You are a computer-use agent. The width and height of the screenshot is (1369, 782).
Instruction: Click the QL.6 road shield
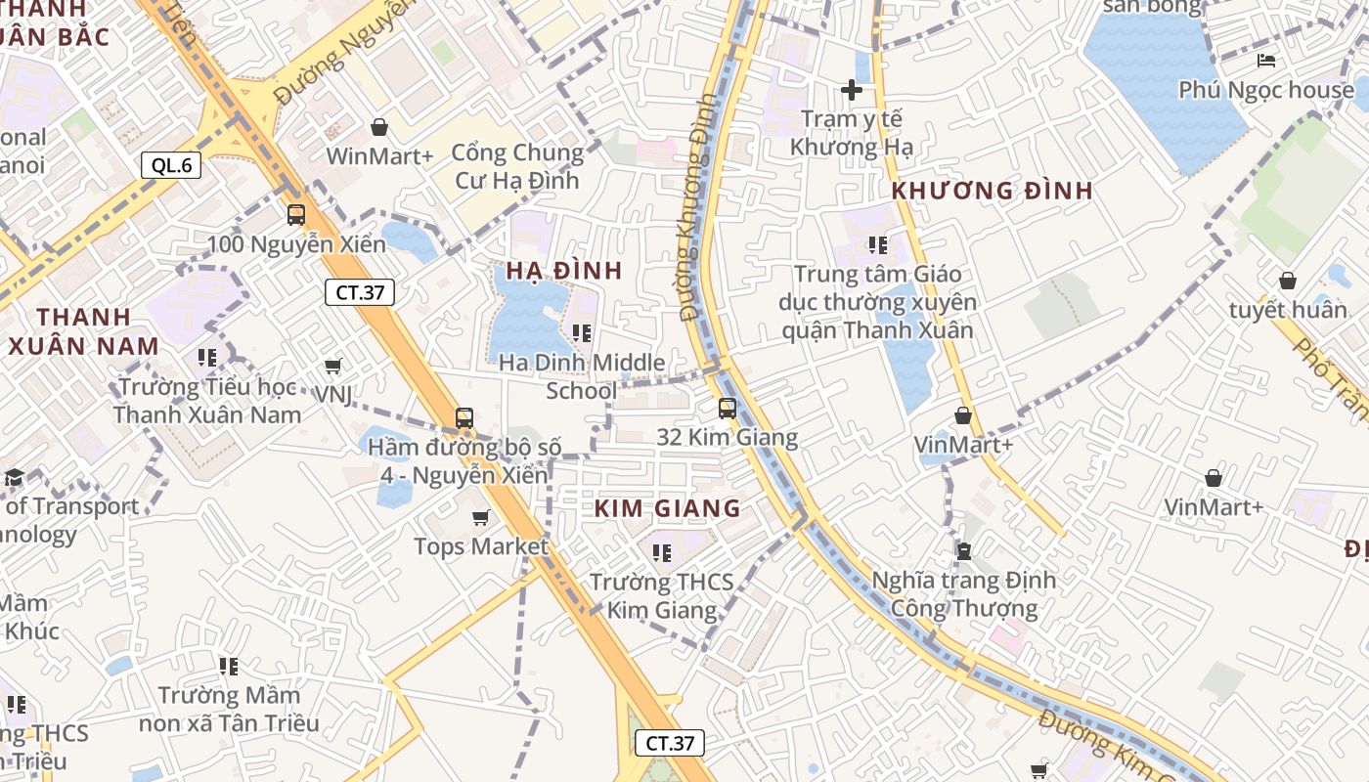click(x=172, y=165)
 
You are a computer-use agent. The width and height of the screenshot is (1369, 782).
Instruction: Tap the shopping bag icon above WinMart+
click(x=379, y=128)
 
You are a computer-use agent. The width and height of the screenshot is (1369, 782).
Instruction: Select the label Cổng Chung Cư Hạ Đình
click(x=517, y=166)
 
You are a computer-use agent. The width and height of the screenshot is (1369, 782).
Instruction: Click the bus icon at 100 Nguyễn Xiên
click(x=296, y=215)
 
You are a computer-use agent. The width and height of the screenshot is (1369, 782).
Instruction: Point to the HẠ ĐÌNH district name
click(x=564, y=271)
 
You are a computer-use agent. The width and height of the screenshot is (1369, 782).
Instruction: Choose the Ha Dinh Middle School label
click(x=582, y=376)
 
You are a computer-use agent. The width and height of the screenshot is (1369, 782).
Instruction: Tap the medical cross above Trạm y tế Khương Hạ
click(x=852, y=90)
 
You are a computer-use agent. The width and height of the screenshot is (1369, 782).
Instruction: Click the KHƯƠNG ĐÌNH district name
click(x=993, y=191)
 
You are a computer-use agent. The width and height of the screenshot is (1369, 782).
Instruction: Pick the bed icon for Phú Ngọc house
click(x=1266, y=61)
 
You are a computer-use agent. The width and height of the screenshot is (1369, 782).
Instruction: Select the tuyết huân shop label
click(x=1288, y=310)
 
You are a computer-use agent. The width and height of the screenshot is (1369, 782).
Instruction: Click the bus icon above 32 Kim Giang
click(x=727, y=409)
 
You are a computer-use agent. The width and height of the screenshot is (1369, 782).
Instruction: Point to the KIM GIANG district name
click(x=668, y=508)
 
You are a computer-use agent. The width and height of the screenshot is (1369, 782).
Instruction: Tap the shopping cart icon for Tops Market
click(x=480, y=517)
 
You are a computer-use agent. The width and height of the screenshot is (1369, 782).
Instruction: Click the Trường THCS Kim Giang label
click(x=662, y=596)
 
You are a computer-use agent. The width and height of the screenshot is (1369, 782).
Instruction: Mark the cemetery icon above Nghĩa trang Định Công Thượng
click(x=964, y=551)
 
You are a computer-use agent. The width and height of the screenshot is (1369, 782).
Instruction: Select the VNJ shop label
click(x=333, y=394)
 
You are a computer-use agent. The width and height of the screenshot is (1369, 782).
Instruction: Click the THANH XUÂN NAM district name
click(x=83, y=331)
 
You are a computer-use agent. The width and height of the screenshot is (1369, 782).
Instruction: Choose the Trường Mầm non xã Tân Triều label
click(x=229, y=710)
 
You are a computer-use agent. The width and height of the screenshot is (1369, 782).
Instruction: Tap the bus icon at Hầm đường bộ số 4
click(x=464, y=418)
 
